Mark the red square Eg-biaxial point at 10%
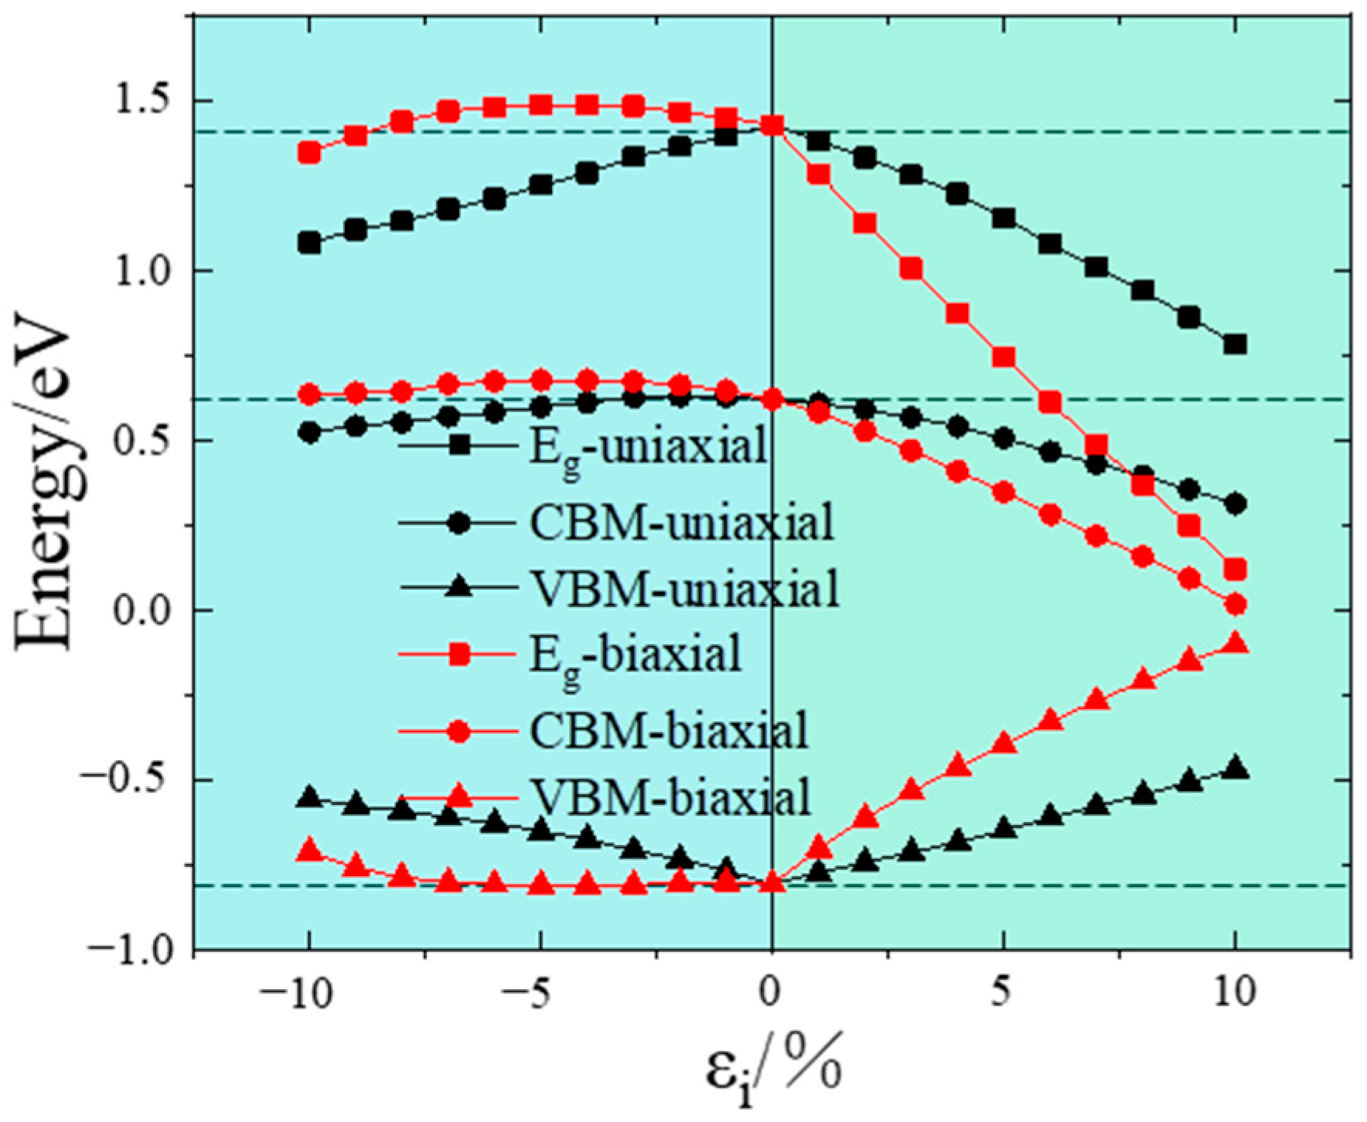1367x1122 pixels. [1236, 571]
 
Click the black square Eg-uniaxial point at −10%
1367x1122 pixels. [309, 243]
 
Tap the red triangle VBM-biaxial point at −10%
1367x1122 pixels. [309, 851]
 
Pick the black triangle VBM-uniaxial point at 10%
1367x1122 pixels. [1236, 768]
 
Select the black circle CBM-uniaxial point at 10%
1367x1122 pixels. [1236, 504]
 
